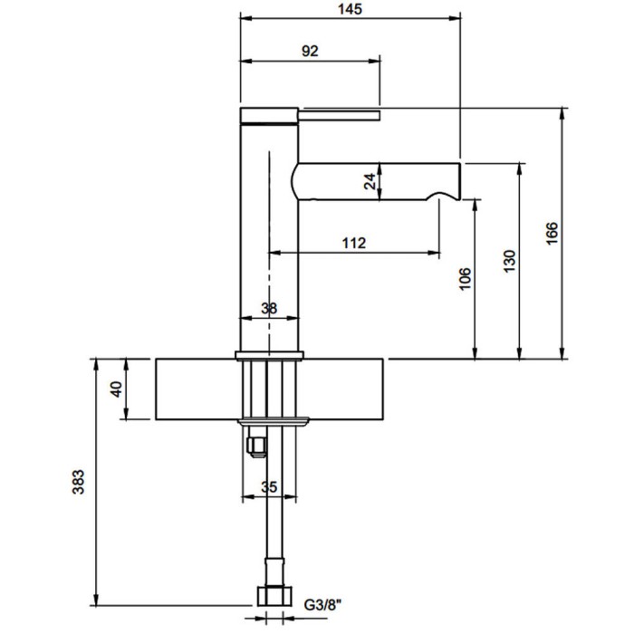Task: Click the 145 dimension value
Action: click(351, 9)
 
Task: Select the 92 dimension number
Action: click(310, 51)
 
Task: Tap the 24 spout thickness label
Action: click(370, 181)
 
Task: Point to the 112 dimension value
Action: click(354, 243)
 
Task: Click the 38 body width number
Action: click(269, 309)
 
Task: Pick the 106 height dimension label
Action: click(465, 278)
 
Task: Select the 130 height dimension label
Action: click(510, 261)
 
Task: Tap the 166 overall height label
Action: click(552, 233)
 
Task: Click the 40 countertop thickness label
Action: click(116, 389)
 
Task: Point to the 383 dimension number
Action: click(78, 482)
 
